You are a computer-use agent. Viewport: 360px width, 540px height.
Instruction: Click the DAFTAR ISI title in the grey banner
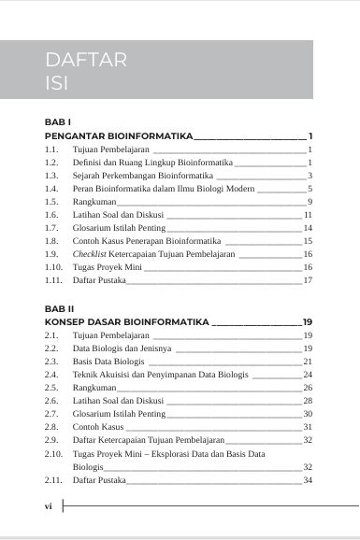[x=85, y=73]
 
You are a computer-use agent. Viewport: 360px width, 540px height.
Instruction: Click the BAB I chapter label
[x=58, y=122]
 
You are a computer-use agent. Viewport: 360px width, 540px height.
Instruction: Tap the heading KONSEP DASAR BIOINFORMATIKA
[x=127, y=320]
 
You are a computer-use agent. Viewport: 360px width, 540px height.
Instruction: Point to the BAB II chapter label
[x=60, y=306]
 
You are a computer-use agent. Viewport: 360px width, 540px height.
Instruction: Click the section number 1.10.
[x=53, y=266]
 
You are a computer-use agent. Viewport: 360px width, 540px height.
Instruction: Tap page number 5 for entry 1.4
[x=309, y=189]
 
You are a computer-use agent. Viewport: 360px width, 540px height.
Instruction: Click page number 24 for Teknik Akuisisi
[x=307, y=374]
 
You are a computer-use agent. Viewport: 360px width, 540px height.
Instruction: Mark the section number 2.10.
[x=53, y=452]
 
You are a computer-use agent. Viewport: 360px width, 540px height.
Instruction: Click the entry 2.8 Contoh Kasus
[x=98, y=426]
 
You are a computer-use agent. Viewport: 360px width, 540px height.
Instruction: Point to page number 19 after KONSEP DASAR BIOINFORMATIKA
[x=307, y=320]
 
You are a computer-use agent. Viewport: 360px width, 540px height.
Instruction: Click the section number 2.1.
[x=51, y=334]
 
